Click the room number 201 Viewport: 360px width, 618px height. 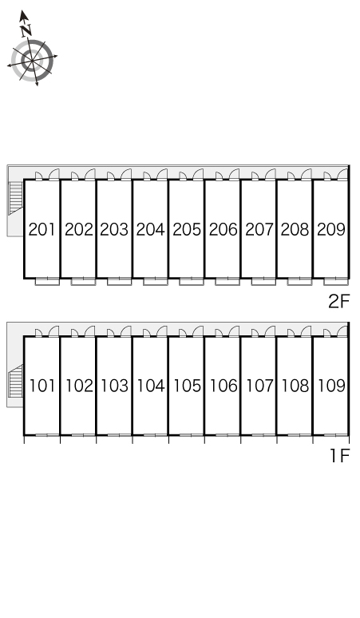tap(42, 229)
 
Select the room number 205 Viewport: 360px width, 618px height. tap(187, 229)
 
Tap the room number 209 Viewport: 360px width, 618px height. tap(330, 229)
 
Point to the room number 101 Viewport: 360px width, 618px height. tap(42, 386)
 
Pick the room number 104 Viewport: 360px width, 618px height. tap(150, 386)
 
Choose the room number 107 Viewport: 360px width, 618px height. tap(259, 386)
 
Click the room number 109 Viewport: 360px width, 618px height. tap(331, 386)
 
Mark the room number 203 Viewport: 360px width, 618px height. tap(114, 229)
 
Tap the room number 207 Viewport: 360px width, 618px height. tap(259, 229)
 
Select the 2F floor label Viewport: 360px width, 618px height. tap(339, 302)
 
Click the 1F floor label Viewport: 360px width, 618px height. tap(340, 456)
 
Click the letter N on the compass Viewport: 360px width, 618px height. tap(26, 30)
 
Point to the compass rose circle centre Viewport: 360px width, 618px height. tap(32, 61)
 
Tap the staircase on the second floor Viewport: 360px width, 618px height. tap(15, 198)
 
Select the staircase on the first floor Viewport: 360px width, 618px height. tap(15, 381)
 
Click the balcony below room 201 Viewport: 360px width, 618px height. tap(47, 281)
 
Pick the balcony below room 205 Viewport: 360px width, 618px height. tap(192, 281)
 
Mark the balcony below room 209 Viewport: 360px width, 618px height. tap(336, 281)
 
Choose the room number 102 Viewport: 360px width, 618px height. tap(79, 386)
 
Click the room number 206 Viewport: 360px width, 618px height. tap(223, 229)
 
